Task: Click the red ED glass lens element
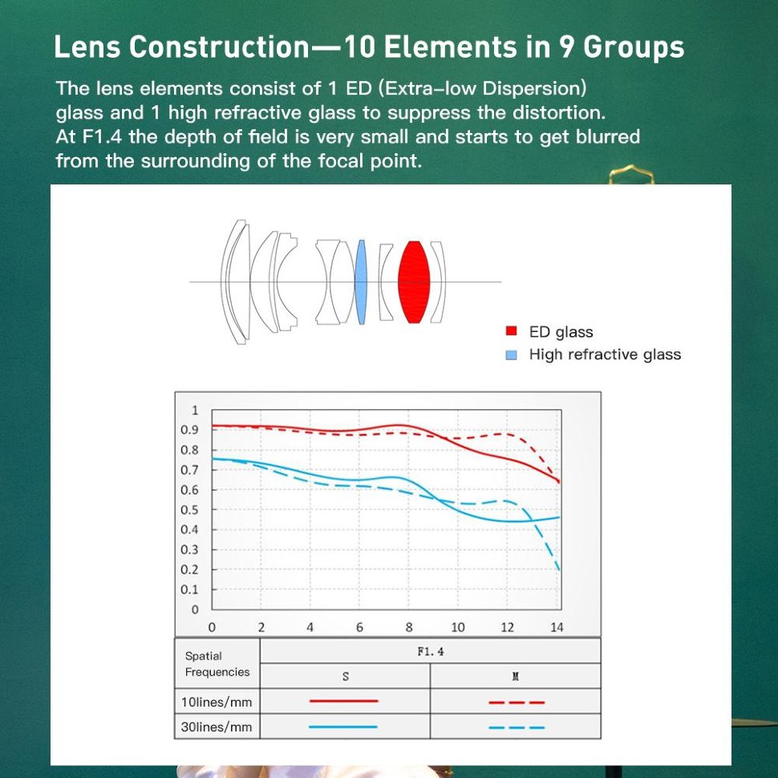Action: point(414,282)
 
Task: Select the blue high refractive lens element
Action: point(360,282)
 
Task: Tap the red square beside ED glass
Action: point(511,331)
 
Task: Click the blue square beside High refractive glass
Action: point(511,355)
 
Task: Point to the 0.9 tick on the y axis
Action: point(189,430)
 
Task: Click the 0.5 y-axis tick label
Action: point(189,509)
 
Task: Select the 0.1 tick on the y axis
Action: point(189,590)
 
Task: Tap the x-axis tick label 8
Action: point(408,627)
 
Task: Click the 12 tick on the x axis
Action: point(507,627)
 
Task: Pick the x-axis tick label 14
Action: point(557,627)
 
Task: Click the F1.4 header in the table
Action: point(431,651)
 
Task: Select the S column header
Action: point(346,676)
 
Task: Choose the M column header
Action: point(515,676)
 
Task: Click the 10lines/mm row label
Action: point(217,702)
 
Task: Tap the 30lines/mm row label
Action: point(217,727)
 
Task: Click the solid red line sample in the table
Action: point(343,701)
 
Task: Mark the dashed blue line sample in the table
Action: point(517,727)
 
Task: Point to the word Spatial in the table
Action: point(204,656)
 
